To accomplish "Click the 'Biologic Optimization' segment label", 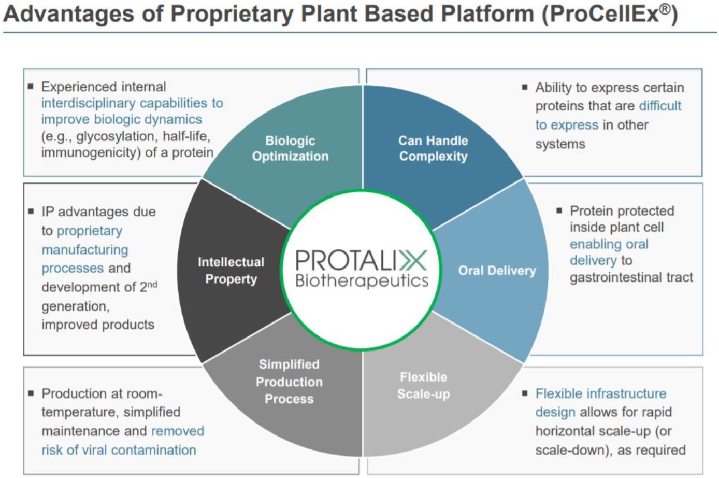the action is point(290,148).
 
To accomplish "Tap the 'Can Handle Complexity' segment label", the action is point(433,148).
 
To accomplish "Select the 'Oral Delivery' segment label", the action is point(497,271).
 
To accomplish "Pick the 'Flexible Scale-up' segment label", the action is point(423,386).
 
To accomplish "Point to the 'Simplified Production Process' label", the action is point(289,382).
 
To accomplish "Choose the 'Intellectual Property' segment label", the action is point(231,271).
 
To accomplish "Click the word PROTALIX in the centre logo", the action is point(362,260).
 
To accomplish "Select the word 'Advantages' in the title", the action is point(68,15).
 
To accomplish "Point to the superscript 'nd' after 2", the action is point(152,284).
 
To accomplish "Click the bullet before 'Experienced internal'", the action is point(31,87).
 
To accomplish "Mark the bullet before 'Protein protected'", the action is point(559,210).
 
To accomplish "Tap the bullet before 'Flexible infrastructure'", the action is point(524,393).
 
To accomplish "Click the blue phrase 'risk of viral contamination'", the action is point(119,450).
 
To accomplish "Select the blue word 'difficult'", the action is point(660,106).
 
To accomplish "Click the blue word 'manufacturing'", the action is point(85,250).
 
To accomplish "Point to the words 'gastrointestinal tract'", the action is point(631,277).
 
